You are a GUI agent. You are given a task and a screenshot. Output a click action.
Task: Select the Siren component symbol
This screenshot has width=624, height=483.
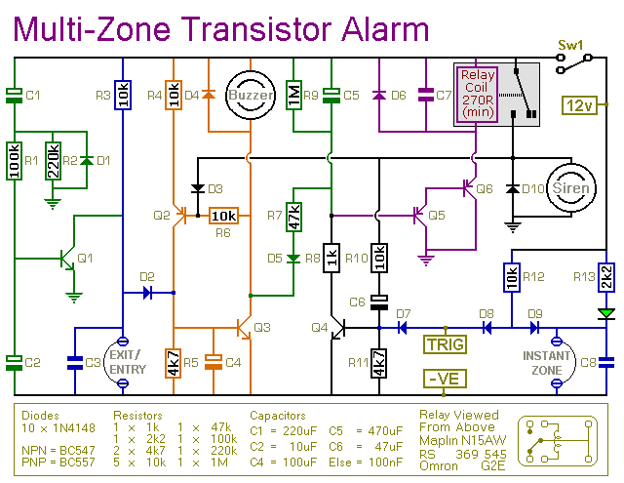click(569, 187)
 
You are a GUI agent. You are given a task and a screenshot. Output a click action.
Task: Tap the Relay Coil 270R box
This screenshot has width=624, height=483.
click(478, 96)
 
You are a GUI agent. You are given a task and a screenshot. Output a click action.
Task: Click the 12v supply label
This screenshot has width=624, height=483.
click(581, 104)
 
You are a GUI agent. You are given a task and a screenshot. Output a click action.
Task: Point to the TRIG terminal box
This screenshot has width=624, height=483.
click(444, 343)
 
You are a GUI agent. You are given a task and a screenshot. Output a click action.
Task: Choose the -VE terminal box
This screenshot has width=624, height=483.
click(444, 378)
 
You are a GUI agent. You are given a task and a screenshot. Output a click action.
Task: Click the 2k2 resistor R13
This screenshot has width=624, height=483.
click(605, 277)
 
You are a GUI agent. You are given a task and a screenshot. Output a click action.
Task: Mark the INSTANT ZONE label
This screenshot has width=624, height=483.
click(546, 363)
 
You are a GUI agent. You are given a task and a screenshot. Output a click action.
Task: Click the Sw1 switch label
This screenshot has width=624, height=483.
click(568, 45)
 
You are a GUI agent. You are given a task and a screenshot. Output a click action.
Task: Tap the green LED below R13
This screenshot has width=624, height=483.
click(605, 313)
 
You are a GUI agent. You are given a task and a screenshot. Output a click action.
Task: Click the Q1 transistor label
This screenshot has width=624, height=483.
click(85, 259)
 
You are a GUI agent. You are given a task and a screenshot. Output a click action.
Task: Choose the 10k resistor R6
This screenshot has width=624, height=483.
click(223, 216)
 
